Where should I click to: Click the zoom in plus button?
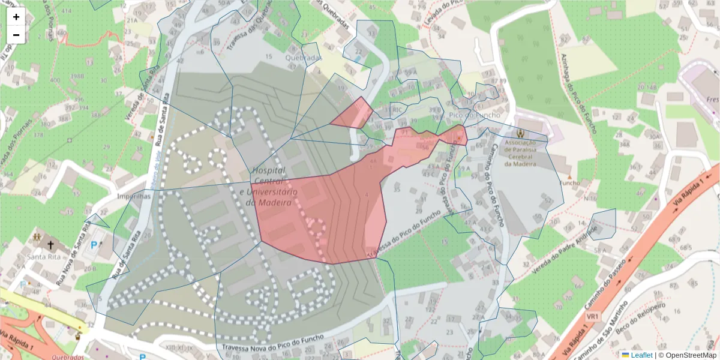16,17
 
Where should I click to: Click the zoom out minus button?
16,35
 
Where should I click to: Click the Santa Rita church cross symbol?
51,245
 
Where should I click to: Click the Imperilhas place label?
133,196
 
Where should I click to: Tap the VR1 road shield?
593,316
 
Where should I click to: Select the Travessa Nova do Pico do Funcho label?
273,344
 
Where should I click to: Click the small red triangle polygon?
353,114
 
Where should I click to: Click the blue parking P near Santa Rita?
93,245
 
